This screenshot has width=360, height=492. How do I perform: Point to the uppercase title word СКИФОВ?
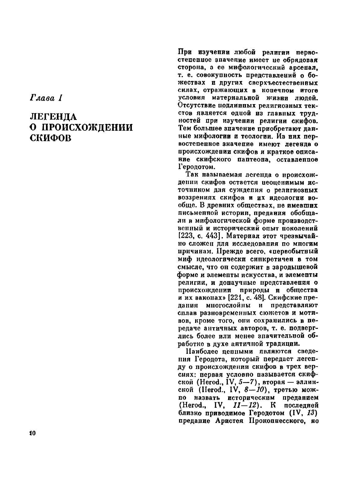pos(50,138)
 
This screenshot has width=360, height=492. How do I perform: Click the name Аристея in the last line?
pos(228,421)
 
